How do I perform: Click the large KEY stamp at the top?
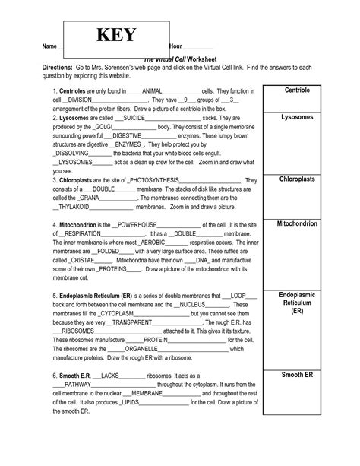click(115, 36)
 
